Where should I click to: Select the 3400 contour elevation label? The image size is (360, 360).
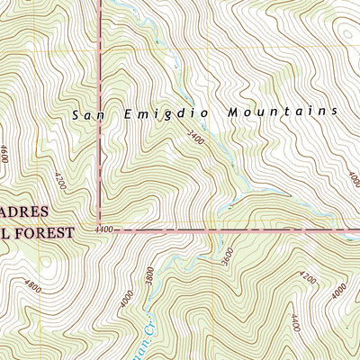196,139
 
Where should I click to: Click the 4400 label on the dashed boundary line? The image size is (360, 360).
103,230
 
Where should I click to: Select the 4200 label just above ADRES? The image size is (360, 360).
59,184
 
